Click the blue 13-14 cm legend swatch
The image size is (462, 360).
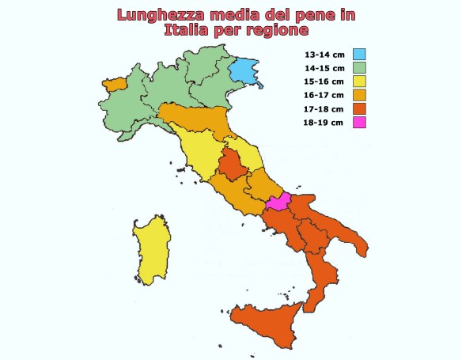click(359, 55)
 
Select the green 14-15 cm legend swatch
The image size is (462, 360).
click(359, 68)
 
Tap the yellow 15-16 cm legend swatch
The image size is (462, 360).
click(359, 81)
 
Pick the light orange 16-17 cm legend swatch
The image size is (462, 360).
click(359, 95)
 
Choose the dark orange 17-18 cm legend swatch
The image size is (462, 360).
click(359, 108)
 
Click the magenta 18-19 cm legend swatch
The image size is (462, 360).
click(359, 122)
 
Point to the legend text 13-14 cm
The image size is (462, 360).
click(324, 55)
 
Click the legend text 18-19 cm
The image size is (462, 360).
click(324, 122)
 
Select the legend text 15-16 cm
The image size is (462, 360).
click(324, 81)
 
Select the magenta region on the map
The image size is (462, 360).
click(278, 202)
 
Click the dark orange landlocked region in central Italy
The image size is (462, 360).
click(233, 166)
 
